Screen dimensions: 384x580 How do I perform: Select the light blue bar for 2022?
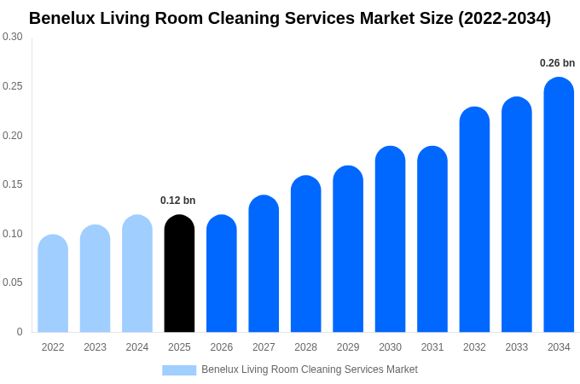[x=53, y=283]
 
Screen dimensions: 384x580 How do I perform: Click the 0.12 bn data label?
[x=177, y=201]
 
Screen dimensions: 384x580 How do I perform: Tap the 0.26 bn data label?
[x=557, y=63]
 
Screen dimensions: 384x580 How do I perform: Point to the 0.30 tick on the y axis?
[x=13, y=37]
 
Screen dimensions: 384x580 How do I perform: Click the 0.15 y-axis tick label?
[x=13, y=184]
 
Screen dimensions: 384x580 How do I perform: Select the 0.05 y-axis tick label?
[x=13, y=282]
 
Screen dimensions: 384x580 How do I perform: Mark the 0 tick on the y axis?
[x=20, y=332]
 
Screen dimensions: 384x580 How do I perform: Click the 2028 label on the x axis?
[x=305, y=347]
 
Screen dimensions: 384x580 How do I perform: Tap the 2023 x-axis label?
[x=95, y=347]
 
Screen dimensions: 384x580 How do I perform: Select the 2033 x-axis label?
[x=516, y=347]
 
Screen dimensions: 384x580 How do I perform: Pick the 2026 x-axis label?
[x=221, y=347]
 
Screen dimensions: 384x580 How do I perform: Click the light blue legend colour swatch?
[x=179, y=370]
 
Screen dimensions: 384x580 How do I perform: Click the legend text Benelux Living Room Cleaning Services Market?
[x=309, y=369]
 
